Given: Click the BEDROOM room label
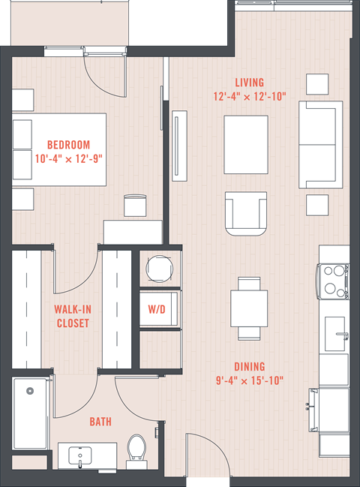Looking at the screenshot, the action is coord(68,145).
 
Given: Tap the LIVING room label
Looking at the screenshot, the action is coord(250,83).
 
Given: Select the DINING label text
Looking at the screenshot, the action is coord(250,367).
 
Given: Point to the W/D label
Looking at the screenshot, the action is coord(157,309).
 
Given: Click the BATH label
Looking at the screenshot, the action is coord(100,422).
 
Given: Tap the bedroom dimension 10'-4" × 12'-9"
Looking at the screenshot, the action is coord(68,159).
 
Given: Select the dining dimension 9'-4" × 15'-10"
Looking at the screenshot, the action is coord(250,380).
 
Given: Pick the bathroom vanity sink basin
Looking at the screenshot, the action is coord(79,455).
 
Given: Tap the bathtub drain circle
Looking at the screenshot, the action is coord(30,391).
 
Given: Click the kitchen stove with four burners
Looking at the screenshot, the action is coord(333,281).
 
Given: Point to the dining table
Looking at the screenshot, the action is coord(249,308).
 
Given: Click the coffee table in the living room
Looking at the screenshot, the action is coord(246,145).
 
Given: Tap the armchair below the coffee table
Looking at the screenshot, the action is coord(246,214).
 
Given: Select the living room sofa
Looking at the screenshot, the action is coord(320,145).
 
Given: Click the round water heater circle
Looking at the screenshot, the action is coord(160,269).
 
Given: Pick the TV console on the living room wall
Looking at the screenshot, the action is coord(180,146).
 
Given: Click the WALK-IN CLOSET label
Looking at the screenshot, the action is coord(73,316).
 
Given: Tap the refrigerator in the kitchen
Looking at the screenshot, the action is coord(330,410).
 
